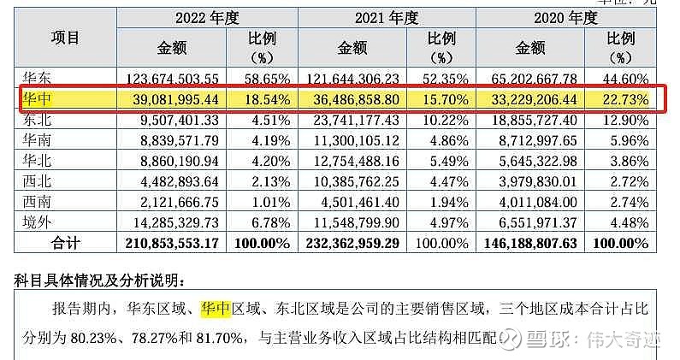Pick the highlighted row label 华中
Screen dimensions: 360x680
(x=38, y=99)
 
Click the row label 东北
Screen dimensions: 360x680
(x=38, y=120)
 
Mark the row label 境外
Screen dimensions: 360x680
(x=38, y=222)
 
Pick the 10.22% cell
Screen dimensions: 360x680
(x=448, y=121)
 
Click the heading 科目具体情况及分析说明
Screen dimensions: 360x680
(x=99, y=280)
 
